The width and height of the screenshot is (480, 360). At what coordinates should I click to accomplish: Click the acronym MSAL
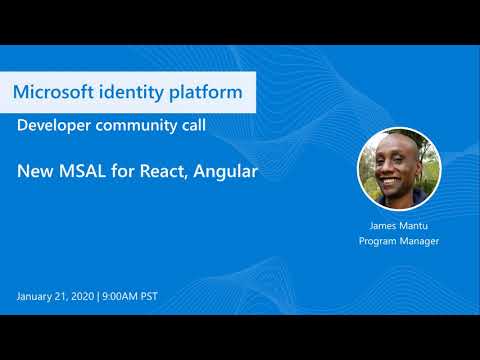coord(85,172)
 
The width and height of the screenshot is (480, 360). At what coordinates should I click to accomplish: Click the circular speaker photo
coord(399,168)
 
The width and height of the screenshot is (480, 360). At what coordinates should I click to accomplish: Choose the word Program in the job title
coord(377,241)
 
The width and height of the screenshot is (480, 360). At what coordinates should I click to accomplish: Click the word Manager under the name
coord(419,241)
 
